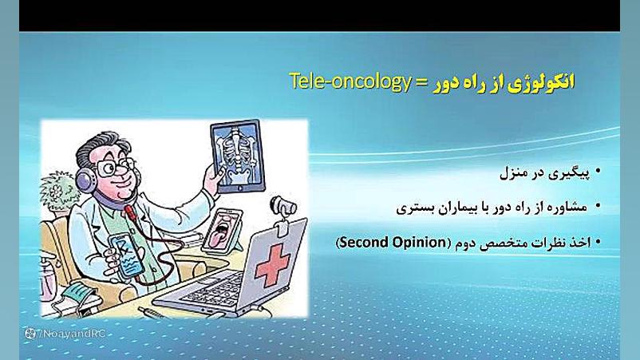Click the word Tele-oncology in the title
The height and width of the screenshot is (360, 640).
[x=350, y=81]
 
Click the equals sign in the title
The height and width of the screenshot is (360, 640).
[x=421, y=83]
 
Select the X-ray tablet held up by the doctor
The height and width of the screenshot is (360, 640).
[x=238, y=156]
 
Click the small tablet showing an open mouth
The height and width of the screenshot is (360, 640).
[x=222, y=230]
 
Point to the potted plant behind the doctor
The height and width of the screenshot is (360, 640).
[x=58, y=192]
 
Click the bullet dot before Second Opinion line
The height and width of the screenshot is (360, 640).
[x=598, y=242]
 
